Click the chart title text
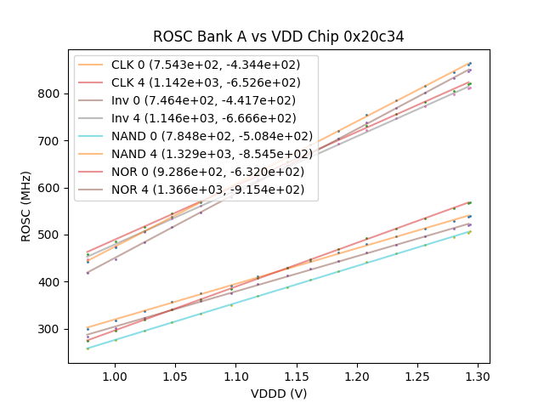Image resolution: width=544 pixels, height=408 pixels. click(279, 37)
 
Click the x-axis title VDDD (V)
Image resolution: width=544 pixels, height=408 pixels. click(279, 394)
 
